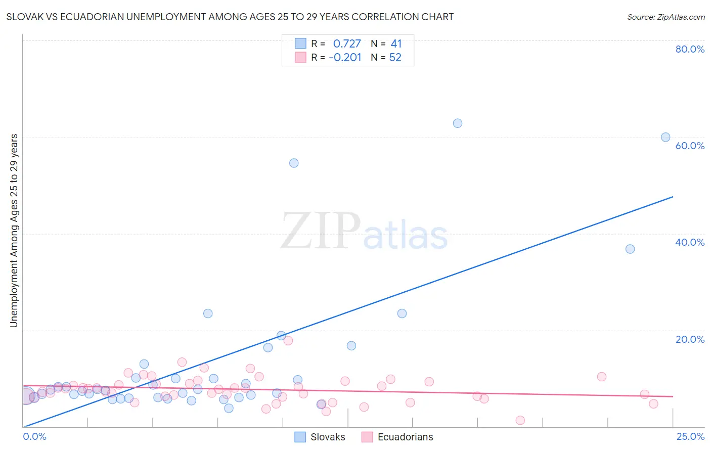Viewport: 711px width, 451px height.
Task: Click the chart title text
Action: [230, 17]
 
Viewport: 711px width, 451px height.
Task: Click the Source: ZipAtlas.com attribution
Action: [665, 17]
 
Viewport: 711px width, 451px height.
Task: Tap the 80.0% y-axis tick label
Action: [690, 49]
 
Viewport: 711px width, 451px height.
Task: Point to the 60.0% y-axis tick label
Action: [690, 146]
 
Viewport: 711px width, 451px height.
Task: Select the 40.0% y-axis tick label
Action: [690, 242]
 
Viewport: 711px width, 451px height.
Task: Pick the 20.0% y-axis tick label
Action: [690, 339]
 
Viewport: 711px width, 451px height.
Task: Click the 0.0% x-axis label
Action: [34, 436]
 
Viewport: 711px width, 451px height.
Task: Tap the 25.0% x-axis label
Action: [690, 436]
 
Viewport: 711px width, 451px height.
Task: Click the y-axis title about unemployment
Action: [14, 231]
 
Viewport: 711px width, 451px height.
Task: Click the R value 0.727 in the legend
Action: [347, 44]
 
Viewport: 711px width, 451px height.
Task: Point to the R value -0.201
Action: [345, 58]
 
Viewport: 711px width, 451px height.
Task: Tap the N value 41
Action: [396, 44]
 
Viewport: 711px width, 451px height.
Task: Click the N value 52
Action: [395, 58]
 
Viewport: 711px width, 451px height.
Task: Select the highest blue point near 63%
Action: [458, 123]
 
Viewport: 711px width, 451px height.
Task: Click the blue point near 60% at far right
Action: [665, 137]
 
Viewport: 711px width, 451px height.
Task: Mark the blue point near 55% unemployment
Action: [294, 163]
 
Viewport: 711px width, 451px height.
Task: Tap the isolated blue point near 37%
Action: [630, 249]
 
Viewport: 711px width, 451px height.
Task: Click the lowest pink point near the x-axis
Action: [520, 420]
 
